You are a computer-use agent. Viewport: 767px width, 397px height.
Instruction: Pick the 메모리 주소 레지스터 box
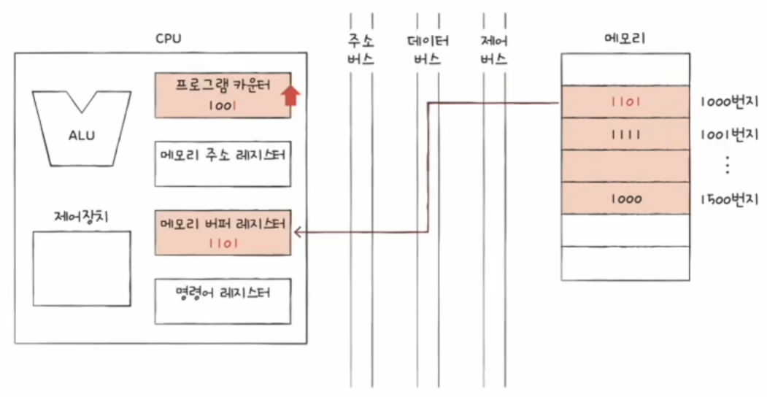tap(223, 163)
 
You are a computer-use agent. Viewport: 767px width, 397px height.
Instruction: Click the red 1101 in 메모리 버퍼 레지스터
tap(223, 244)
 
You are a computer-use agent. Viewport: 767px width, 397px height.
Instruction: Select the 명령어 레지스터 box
tap(223, 301)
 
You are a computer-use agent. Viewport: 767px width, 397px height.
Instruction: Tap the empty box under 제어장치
tap(82, 269)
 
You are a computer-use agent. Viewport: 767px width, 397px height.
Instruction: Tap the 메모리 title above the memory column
tap(625, 38)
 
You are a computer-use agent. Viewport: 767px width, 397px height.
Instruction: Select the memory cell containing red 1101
tap(625, 101)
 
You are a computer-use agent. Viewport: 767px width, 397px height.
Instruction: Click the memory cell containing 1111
tap(625, 134)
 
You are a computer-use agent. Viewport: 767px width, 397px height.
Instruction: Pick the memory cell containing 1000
tap(625, 198)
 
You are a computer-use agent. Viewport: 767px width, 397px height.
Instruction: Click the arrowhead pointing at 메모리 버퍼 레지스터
tap(298, 233)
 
